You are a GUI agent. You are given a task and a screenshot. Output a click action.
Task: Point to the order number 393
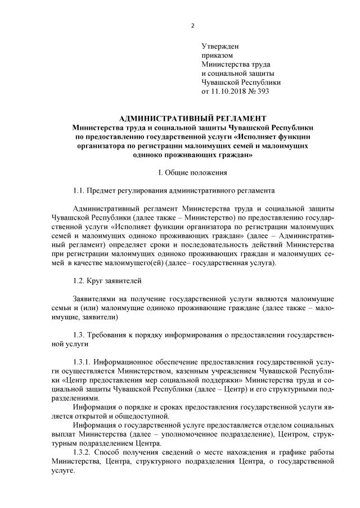(262, 91)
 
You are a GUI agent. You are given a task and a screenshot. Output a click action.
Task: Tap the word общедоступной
(141, 416)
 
